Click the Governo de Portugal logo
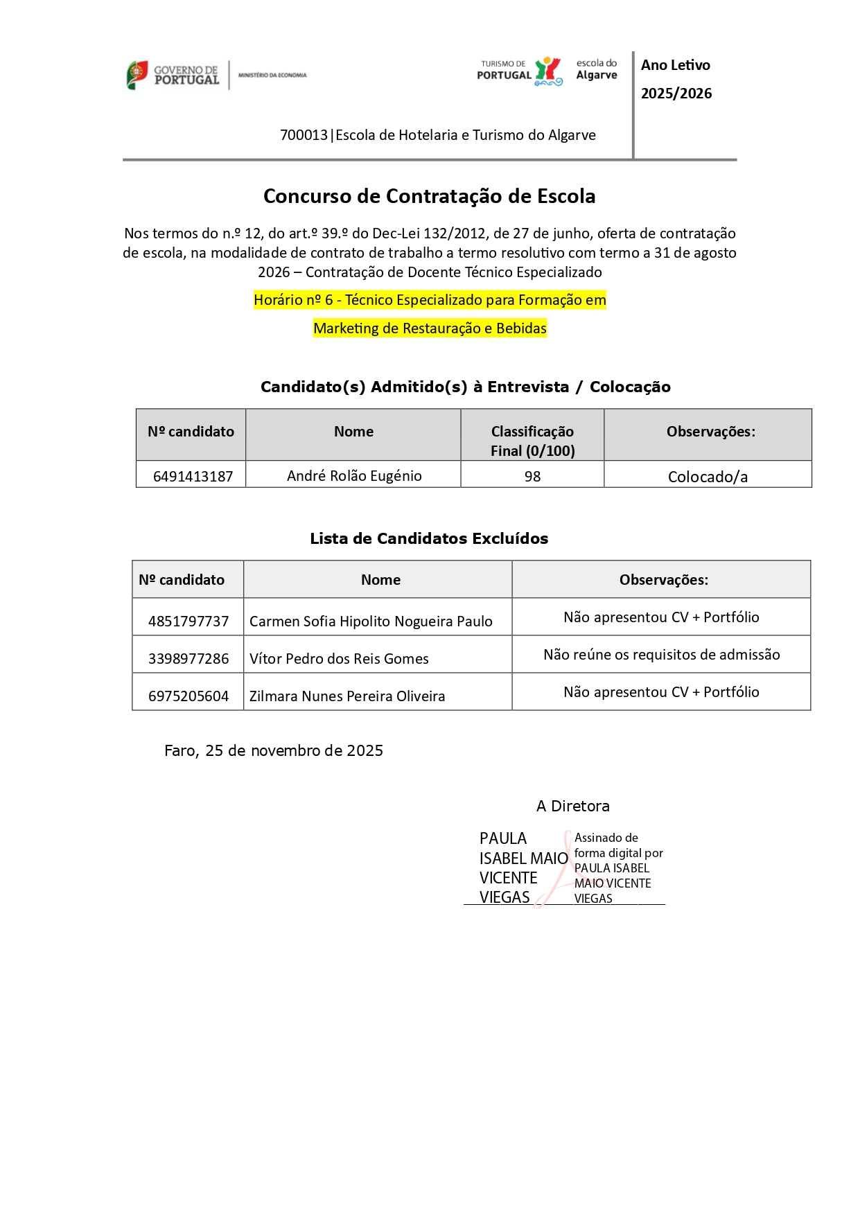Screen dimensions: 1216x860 pyautogui.click(x=173, y=75)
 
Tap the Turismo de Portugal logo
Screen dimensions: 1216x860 pyautogui.click(x=519, y=71)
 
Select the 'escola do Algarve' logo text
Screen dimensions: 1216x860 pyautogui.click(x=596, y=69)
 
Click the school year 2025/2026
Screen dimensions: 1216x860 pyautogui.click(x=676, y=94)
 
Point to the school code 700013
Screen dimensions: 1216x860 pyautogui.click(x=304, y=135)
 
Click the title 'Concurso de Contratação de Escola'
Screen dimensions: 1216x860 pyautogui.click(x=429, y=196)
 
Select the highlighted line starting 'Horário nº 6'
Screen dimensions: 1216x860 pyautogui.click(x=430, y=300)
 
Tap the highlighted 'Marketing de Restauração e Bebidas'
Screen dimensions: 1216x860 pyautogui.click(x=430, y=328)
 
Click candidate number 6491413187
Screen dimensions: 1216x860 pyautogui.click(x=193, y=477)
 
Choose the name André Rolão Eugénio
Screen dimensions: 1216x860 pyautogui.click(x=354, y=476)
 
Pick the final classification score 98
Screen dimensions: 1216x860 pyautogui.click(x=532, y=477)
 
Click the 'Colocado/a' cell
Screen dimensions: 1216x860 pyautogui.click(x=708, y=477)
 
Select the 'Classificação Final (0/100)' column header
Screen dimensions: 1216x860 pyautogui.click(x=532, y=441)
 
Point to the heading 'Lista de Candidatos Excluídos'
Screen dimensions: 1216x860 pyautogui.click(x=429, y=538)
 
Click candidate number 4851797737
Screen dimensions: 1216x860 pyautogui.click(x=188, y=622)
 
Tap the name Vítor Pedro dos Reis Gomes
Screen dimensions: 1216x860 pyautogui.click(x=339, y=659)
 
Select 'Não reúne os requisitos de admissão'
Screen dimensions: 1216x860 pyautogui.click(x=661, y=655)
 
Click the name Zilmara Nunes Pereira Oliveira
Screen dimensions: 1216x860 pyautogui.click(x=347, y=696)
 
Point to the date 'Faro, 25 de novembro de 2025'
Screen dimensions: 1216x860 pyautogui.click(x=274, y=751)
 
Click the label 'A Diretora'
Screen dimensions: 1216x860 pyautogui.click(x=573, y=807)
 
